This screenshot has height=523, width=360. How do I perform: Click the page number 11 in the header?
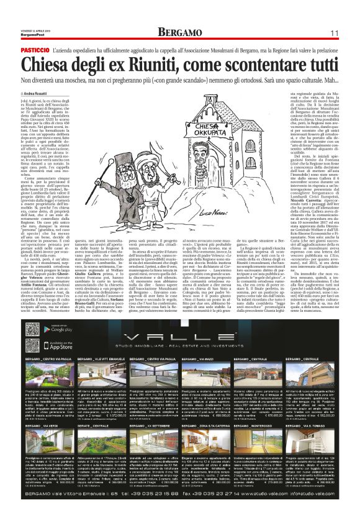(x=333, y=32)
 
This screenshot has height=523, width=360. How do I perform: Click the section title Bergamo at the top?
(x=179, y=32)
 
